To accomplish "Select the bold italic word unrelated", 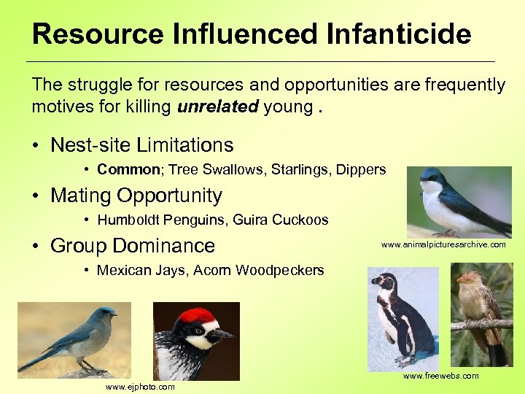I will tap(217, 107).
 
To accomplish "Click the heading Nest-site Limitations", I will tap(141, 145).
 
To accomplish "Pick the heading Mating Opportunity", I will tap(136, 196).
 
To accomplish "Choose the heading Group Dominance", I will tap(133, 245).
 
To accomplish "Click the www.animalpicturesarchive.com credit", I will tap(443, 245).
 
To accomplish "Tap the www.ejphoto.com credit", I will tap(141, 387).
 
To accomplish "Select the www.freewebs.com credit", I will tap(441, 376).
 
